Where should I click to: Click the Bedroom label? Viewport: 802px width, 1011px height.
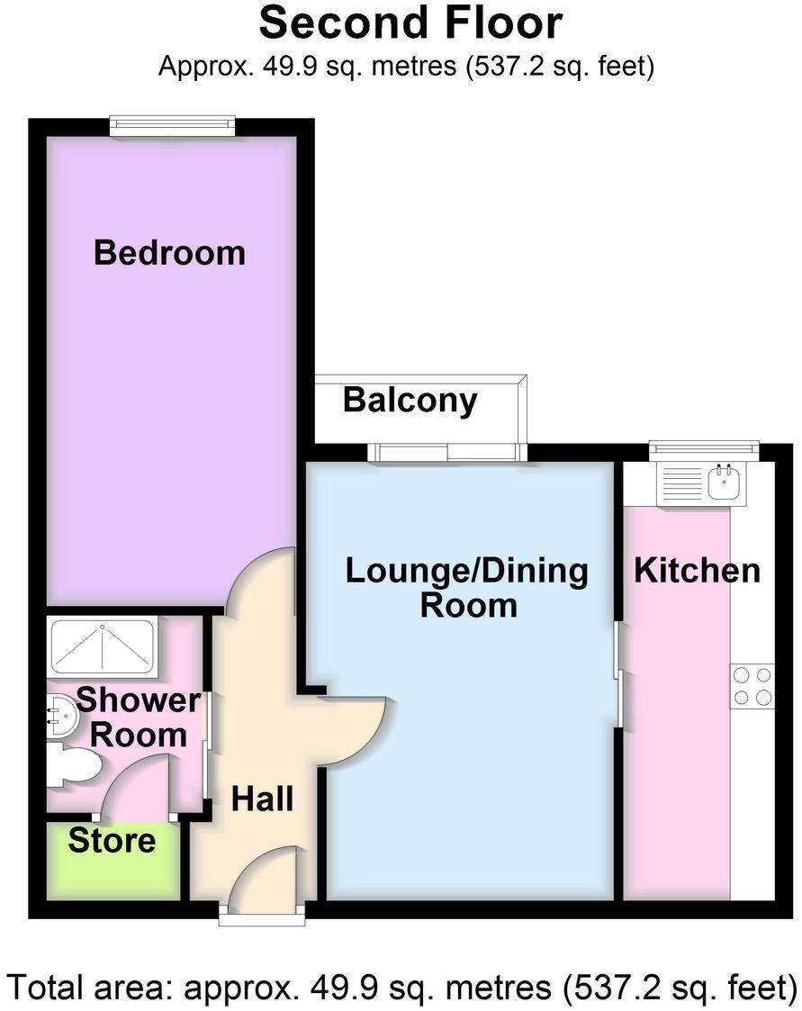pos(169,252)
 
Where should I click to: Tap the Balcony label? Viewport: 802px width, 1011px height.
pos(410,400)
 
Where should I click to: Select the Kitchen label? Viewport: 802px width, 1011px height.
pos(697,570)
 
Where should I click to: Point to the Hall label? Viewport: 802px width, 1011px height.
pos(263,798)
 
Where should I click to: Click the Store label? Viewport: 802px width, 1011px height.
pos(112,841)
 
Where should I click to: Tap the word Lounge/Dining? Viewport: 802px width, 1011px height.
pos(467,570)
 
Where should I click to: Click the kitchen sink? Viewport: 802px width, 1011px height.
pos(724,483)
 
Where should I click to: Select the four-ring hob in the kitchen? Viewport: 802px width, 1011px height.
pos(752,685)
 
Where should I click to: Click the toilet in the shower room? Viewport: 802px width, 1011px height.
pos(75,766)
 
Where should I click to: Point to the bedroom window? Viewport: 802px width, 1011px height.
pos(173,126)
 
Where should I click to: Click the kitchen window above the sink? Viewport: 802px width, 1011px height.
pos(704,449)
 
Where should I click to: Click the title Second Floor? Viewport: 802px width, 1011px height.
pos(410,24)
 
